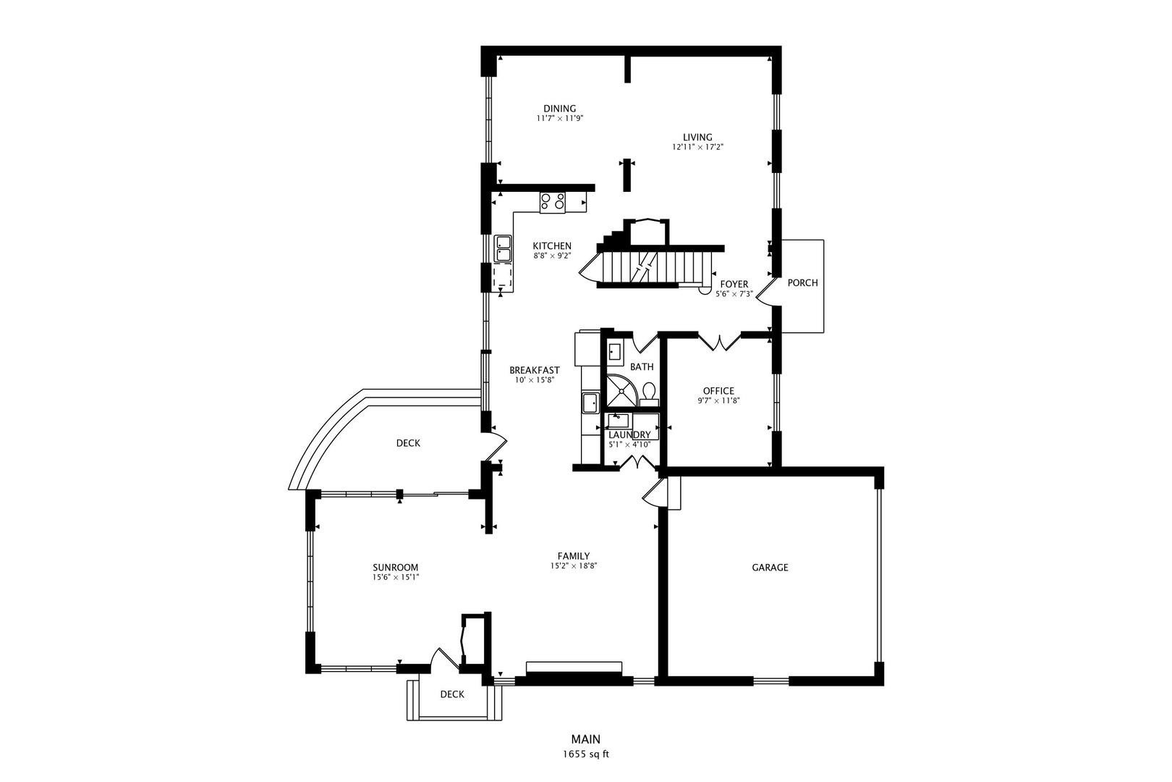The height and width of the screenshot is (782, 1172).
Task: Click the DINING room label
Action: point(559,109)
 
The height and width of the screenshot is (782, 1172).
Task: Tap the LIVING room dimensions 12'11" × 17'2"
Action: point(697,147)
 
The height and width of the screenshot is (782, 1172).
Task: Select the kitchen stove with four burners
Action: point(553,201)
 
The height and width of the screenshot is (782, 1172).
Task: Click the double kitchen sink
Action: point(503,248)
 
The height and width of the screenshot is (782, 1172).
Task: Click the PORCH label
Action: point(802,283)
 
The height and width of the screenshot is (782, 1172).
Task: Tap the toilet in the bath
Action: point(649,392)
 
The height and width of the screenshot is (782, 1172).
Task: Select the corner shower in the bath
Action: point(621,392)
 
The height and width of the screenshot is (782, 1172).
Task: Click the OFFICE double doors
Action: point(720,342)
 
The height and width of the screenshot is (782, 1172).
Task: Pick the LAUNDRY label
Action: point(629,435)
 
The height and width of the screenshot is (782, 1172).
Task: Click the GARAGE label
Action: point(770,568)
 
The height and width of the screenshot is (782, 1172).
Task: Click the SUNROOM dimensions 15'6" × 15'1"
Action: point(396,578)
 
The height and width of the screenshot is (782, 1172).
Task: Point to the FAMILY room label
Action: point(573,556)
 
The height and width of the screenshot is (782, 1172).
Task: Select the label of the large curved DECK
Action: point(408,443)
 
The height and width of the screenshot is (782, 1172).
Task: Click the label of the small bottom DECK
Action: point(452,694)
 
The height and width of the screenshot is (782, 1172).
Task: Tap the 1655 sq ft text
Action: point(586,754)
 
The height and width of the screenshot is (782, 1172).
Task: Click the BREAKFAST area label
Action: point(534,370)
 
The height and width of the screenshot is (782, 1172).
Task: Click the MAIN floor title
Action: point(586,739)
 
